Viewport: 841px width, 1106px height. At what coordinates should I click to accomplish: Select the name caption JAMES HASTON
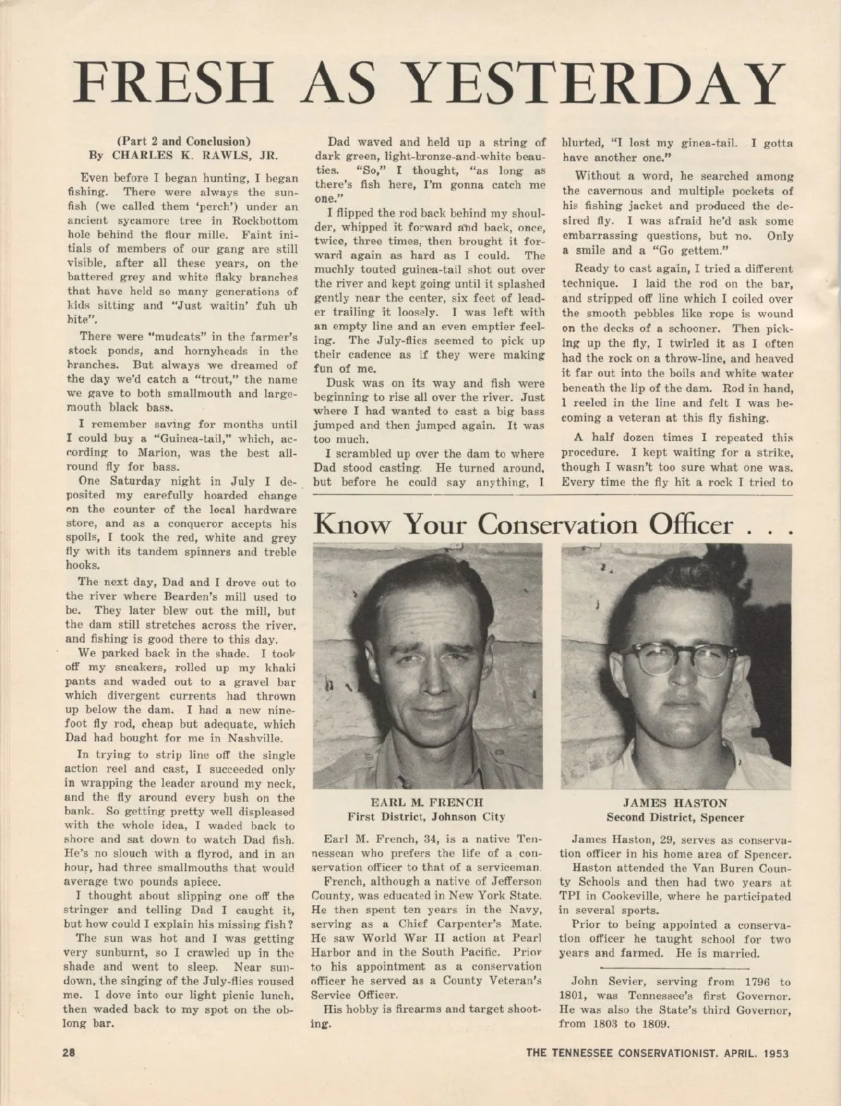point(675,803)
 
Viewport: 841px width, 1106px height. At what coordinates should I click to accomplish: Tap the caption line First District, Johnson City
point(427,817)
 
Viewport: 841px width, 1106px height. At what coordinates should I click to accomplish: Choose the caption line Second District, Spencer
point(675,817)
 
